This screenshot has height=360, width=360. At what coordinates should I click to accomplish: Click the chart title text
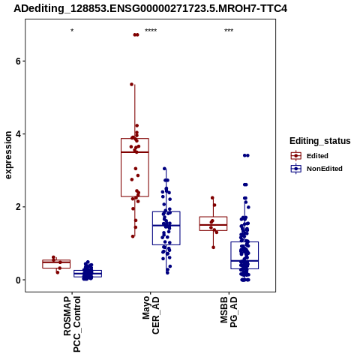coord(150,8)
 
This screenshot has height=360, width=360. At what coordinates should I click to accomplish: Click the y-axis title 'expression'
coord(8,155)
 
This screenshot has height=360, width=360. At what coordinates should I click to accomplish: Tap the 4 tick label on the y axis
coord(19,134)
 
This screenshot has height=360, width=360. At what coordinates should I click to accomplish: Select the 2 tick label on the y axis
coord(19,207)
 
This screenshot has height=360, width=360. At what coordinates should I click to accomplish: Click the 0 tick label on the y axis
coord(19,280)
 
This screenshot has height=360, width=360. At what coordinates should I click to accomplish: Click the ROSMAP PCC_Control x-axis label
coord(72,324)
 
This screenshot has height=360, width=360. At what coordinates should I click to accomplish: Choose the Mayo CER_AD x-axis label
coord(151,315)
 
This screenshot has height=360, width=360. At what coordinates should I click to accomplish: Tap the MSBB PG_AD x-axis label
coord(229,312)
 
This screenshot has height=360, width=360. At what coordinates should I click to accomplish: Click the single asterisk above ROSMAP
coord(72,31)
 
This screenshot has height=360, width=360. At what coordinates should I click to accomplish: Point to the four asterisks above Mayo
coord(151,31)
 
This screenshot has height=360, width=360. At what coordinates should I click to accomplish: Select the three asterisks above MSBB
coord(229,31)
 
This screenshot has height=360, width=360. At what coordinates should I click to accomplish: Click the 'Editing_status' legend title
coord(320,141)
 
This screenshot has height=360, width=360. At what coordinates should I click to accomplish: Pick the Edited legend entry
coord(309,156)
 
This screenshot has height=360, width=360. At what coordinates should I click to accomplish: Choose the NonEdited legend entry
coord(316,169)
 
